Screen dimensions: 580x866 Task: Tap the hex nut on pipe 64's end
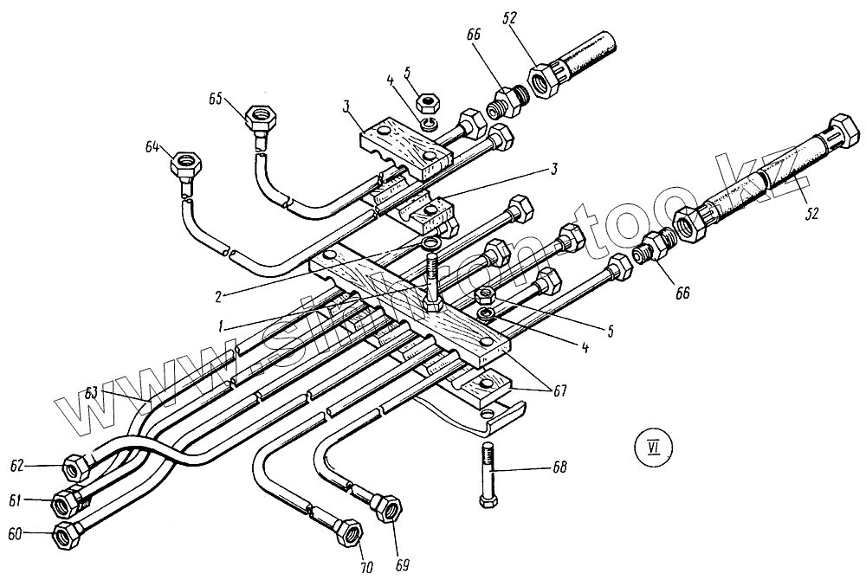(x=188, y=162)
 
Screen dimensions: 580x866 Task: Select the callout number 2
(x=223, y=294)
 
